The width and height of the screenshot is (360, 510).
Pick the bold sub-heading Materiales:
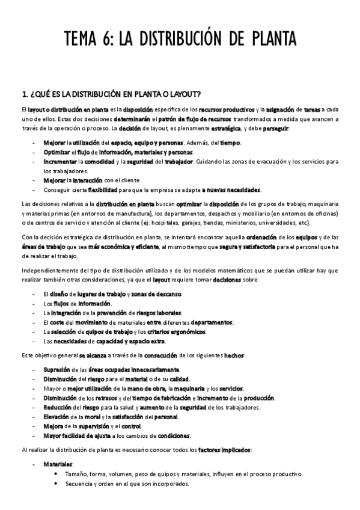58,464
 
